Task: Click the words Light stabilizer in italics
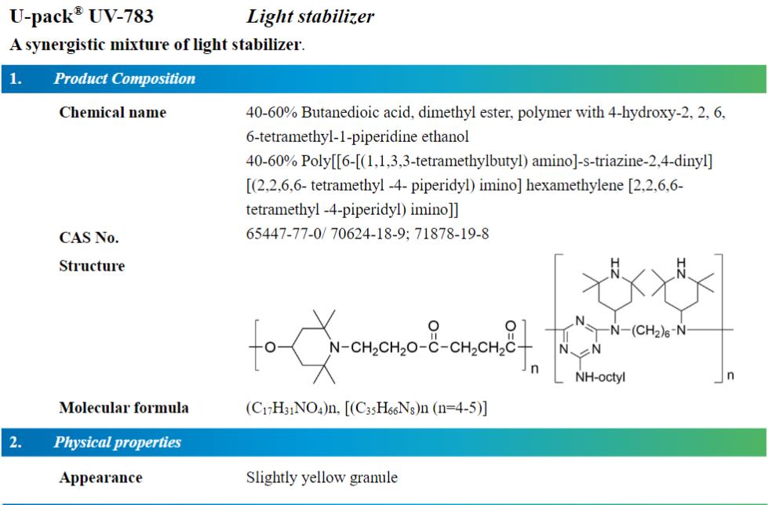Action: pyautogui.click(x=310, y=16)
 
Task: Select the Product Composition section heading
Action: pyautogui.click(x=125, y=78)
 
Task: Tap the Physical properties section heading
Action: pyautogui.click(x=118, y=442)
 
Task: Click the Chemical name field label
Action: pyautogui.click(x=113, y=112)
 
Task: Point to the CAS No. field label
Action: pyautogui.click(x=89, y=238)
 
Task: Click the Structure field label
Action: pyautogui.click(x=92, y=266)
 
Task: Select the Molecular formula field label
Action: pyautogui.click(x=124, y=408)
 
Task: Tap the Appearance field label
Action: pyautogui.click(x=101, y=478)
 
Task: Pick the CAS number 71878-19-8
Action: pyautogui.click(x=452, y=234)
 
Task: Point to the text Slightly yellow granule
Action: pyautogui.click(x=322, y=478)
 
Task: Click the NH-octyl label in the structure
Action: pyautogui.click(x=600, y=376)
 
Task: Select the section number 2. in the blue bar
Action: pyautogui.click(x=16, y=442)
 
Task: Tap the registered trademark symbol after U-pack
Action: pyautogui.click(x=78, y=11)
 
